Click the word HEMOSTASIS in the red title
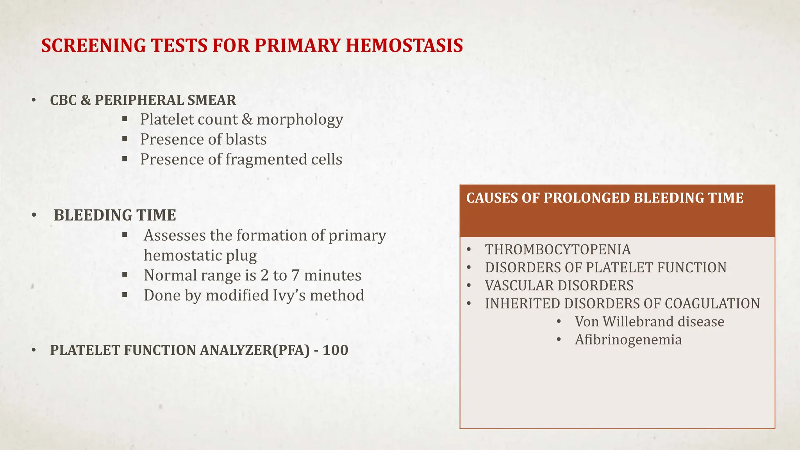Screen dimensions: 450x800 point(404,46)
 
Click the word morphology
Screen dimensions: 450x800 point(300,120)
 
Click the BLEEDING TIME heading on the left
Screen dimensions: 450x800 point(115,215)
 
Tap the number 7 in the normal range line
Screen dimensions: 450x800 point(295,275)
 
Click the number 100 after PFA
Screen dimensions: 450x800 point(335,350)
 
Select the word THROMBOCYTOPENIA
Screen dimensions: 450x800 point(557,250)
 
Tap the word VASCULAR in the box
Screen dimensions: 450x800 point(512,286)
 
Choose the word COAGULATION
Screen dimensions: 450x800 point(712,304)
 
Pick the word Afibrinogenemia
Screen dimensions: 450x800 point(628,339)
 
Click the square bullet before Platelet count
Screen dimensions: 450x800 point(125,118)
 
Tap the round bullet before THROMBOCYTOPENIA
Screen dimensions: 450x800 point(469,250)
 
